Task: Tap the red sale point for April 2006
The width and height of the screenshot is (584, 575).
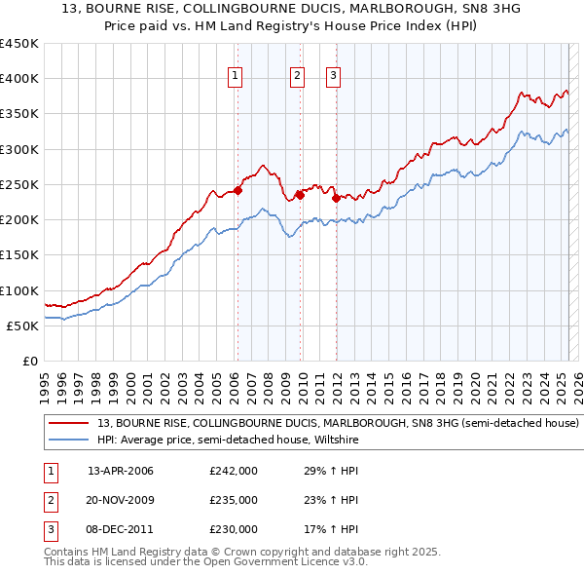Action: pyautogui.click(x=237, y=190)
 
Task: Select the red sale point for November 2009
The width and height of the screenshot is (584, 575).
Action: pyautogui.click(x=300, y=195)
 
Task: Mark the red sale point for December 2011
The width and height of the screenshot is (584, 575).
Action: pyautogui.click(x=336, y=198)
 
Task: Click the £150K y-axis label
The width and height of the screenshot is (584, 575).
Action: pyautogui.click(x=19, y=255)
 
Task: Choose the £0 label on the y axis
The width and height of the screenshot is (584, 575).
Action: pyautogui.click(x=30, y=362)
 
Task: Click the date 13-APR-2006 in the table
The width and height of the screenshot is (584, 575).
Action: pyautogui.click(x=121, y=472)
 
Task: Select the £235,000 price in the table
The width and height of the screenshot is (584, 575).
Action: pyautogui.click(x=234, y=500)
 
